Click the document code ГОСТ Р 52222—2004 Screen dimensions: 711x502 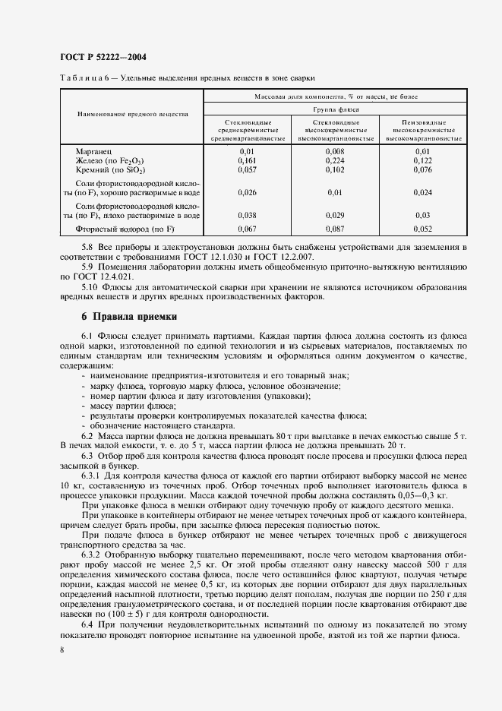point(103,57)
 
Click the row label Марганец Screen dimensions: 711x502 point(93,152)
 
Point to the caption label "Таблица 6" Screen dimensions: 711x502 point(84,78)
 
